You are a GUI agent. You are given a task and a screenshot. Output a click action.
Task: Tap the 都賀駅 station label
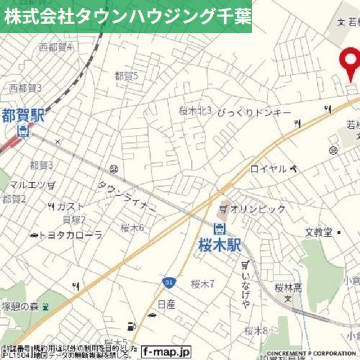point(22,116)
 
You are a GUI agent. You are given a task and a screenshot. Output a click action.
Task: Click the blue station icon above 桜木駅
point(219,228)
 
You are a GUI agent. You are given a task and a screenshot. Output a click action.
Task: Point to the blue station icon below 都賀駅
point(23,132)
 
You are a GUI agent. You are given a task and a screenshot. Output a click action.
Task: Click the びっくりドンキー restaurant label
point(254,112)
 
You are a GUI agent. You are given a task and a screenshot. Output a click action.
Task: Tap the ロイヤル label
point(268,169)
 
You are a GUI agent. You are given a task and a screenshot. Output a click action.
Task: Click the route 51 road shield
point(169,281)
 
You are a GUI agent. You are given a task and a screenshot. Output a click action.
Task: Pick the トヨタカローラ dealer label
point(71,235)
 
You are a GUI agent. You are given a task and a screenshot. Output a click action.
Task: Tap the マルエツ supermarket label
point(28,184)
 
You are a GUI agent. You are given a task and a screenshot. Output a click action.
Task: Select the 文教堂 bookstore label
point(319,232)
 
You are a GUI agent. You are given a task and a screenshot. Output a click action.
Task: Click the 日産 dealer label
point(166,304)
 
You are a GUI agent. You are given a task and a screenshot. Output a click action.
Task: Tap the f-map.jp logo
point(166,350)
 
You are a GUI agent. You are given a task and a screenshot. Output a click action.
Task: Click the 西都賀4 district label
point(56,47)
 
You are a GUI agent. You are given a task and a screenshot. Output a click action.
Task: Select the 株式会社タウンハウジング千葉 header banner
point(126,16)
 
